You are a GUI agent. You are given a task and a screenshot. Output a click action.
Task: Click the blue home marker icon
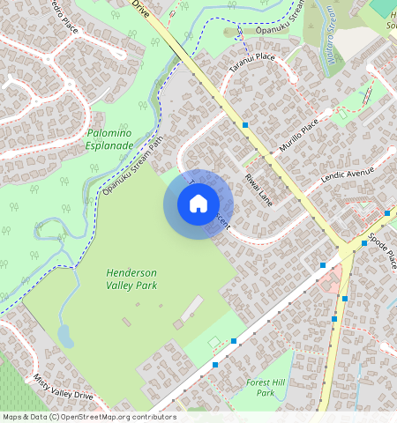[198, 204]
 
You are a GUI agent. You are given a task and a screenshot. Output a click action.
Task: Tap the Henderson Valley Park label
[131, 279]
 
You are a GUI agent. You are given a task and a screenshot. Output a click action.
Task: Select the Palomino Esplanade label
[110, 138]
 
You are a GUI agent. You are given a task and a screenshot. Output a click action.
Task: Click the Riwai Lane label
[259, 189]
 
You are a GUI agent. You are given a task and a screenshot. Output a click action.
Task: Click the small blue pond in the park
[64, 335]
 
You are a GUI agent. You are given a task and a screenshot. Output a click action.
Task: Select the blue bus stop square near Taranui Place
[245, 124]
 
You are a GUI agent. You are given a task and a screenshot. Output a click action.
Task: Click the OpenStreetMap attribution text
[88, 417]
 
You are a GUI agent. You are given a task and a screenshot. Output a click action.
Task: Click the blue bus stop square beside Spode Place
[363, 243]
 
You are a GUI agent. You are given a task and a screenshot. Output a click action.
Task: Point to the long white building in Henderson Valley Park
[191, 309]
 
